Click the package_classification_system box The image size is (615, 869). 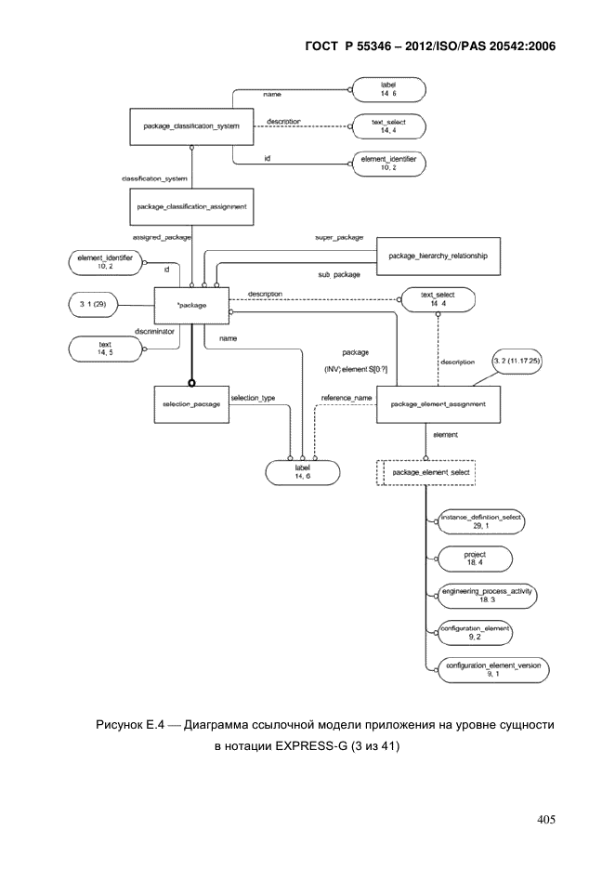pos(191,126)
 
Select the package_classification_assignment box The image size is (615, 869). pos(191,206)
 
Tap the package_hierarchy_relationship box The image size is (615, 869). pos(438,256)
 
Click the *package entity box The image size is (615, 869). pos(191,306)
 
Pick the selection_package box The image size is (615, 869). pos(191,404)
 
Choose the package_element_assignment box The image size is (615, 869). pos(438,404)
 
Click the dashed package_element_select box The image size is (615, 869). pos(426,473)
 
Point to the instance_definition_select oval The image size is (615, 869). pos(481,521)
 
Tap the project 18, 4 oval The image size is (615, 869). pos(475,559)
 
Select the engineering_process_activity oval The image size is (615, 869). pos(487,596)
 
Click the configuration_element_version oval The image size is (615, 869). pos(493,670)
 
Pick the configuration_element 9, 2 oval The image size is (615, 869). pos(475,633)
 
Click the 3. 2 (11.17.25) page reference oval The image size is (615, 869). pos(517,362)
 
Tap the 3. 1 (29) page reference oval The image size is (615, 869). pos(93,305)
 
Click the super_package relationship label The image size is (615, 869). pos(339,237)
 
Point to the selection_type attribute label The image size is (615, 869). pos(253,398)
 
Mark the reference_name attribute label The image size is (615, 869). pos(347,398)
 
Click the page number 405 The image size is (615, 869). pos(546,820)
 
